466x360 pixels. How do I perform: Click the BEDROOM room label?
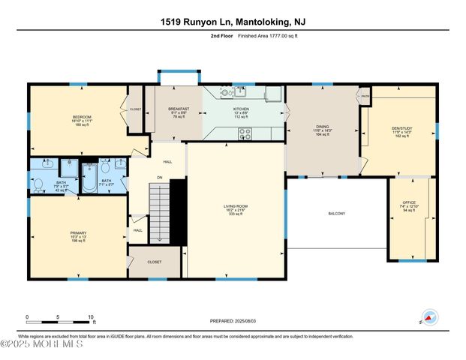tap(82, 117)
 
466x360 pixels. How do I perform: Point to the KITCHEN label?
tap(241, 109)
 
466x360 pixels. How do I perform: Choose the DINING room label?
tap(322, 127)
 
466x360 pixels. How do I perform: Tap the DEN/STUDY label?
tap(402, 128)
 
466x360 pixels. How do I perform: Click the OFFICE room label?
tap(409, 202)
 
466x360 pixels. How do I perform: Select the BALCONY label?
tap(336, 214)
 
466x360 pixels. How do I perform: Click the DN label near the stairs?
tap(159, 178)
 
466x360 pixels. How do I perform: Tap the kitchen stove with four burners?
tap(245, 133)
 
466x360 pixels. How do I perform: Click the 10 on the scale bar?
tap(92, 316)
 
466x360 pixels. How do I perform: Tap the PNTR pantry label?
tap(365, 96)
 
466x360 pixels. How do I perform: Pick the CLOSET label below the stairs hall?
tap(155, 262)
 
